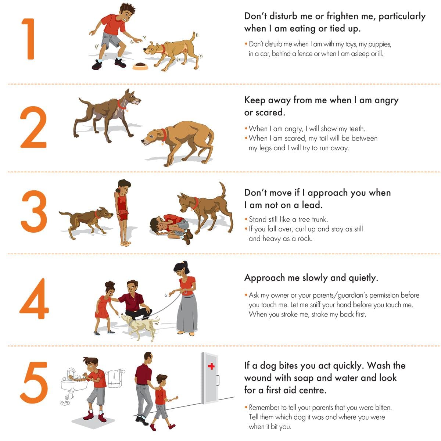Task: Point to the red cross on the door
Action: (x=211, y=366)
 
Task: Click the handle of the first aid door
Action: (x=218, y=380)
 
